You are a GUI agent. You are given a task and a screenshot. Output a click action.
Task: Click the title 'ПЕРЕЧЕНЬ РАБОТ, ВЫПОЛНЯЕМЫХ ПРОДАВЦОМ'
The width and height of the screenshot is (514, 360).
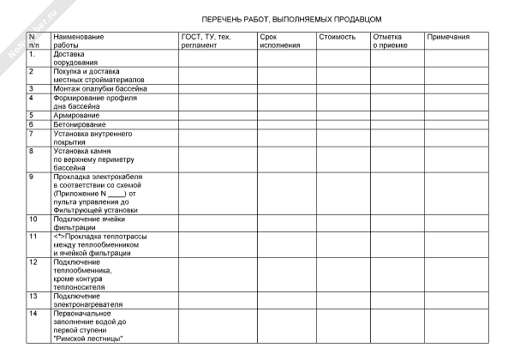[291, 18]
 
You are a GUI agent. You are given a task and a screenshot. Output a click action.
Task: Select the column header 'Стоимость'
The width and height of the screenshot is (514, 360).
[337, 38]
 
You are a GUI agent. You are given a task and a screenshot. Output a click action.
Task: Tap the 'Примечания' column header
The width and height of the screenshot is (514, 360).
[448, 38]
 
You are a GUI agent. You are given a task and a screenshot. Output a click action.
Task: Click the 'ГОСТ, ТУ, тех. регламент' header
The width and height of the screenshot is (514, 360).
[206, 41]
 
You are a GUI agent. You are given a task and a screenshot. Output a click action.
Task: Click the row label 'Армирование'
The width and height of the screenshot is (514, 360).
[76, 115]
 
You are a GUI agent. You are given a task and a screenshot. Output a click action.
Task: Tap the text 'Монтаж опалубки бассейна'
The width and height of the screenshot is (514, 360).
[100, 88]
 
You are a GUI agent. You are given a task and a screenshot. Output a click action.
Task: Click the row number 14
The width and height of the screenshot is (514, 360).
[33, 315]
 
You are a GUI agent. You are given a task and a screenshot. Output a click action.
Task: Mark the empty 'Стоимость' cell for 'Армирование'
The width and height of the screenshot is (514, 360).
[341, 115]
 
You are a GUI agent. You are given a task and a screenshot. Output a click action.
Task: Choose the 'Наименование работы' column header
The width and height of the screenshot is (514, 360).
[78, 41]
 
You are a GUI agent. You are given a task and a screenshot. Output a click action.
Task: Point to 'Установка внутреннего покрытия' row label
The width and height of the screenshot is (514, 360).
[92, 138]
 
